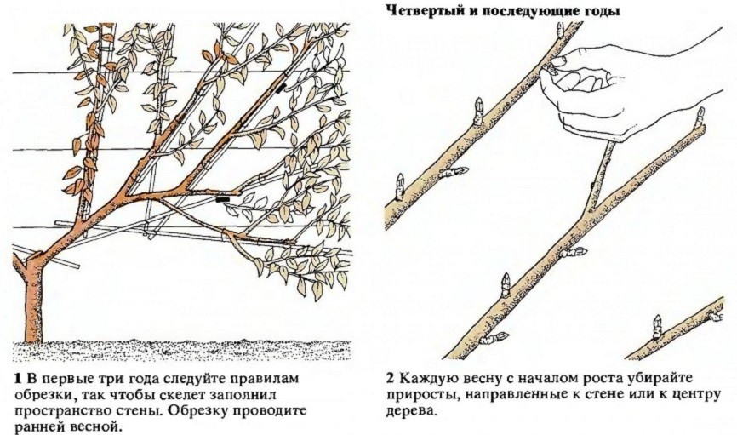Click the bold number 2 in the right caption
[390, 379]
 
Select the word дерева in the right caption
[408, 412]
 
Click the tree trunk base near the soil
[33, 320]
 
